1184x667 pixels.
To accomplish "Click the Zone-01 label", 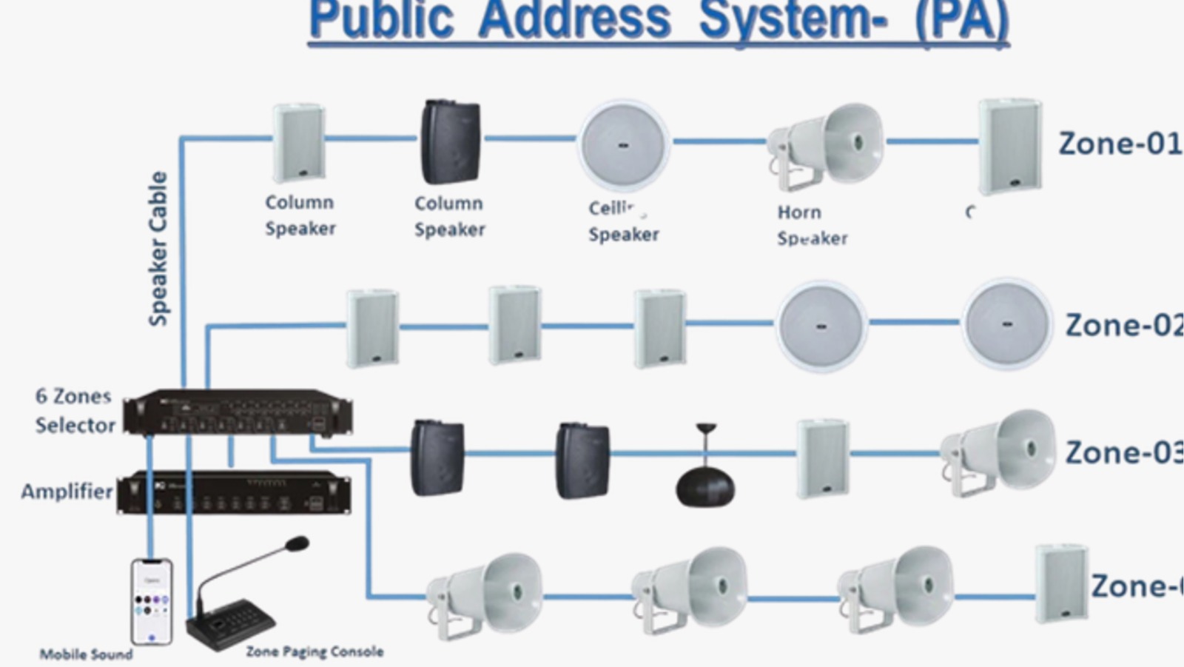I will (x=1119, y=144).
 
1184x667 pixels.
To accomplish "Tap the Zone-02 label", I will (x=1123, y=326).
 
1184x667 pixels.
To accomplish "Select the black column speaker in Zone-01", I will (x=451, y=141).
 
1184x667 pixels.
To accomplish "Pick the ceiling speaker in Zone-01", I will (x=623, y=145).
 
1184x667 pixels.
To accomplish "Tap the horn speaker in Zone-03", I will (x=1000, y=452).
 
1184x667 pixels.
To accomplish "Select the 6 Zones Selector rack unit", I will (x=237, y=412).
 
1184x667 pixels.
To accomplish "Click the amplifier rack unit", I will (x=234, y=492).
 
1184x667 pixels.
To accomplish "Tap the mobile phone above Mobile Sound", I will (x=152, y=601).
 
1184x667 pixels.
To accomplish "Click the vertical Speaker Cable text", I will (x=158, y=249).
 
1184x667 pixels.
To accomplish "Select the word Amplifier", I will (x=67, y=492).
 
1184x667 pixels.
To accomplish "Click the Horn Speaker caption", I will (x=812, y=225).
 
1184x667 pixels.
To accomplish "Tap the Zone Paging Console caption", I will (x=314, y=651).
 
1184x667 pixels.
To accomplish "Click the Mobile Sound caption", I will (x=86, y=654).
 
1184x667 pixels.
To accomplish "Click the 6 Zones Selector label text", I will (x=75, y=411).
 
